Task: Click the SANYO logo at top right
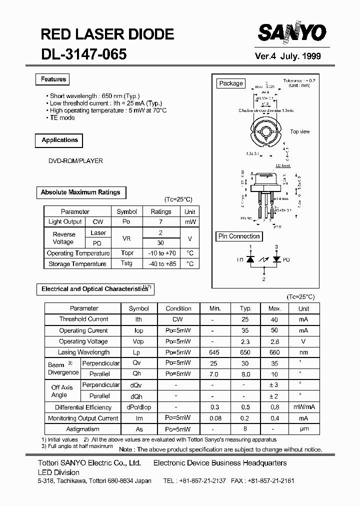(292, 33)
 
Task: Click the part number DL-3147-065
(83, 54)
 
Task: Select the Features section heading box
(53, 79)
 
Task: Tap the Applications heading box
(59, 140)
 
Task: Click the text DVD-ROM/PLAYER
(75, 161)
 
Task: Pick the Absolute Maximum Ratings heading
(80, 192)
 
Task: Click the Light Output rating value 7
(160, 222)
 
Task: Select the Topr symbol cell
(127, 253)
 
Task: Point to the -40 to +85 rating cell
(160, 263)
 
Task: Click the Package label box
(231, 83)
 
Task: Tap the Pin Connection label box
(239, 236)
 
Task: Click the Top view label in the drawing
(300, 132)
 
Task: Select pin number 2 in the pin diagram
(264, 279)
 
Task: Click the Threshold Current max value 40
(274, 319)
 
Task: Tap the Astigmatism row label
(83, 429)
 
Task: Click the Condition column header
(178, 308)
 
